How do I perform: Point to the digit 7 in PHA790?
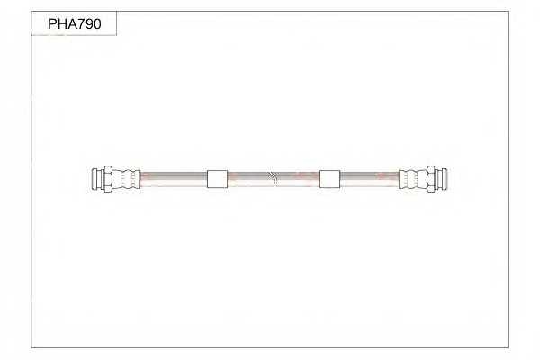pos(76,24)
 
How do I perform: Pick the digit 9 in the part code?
pos(87,24)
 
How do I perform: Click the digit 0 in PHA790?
pos(98,24)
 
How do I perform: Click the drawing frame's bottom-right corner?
pos(508,346)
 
